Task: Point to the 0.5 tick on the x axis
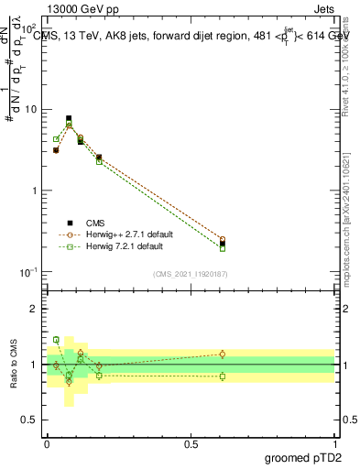pyautogui.click(x=191, y=443)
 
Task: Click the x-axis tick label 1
pyautogui.click(x=335, y=443)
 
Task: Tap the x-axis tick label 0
pyautogui.click(x=47, y=443)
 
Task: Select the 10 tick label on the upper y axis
pyautogui.click(x=30, y=110)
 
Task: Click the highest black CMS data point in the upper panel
pyautogui.click(x=69, y=118)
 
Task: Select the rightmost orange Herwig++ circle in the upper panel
pyautogui.click(x=223, y=239)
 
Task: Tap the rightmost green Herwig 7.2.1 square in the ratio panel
pyautogui.click(x=223, y=376)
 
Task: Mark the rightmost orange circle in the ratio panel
pyautogui.click(x=223, y=354)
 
